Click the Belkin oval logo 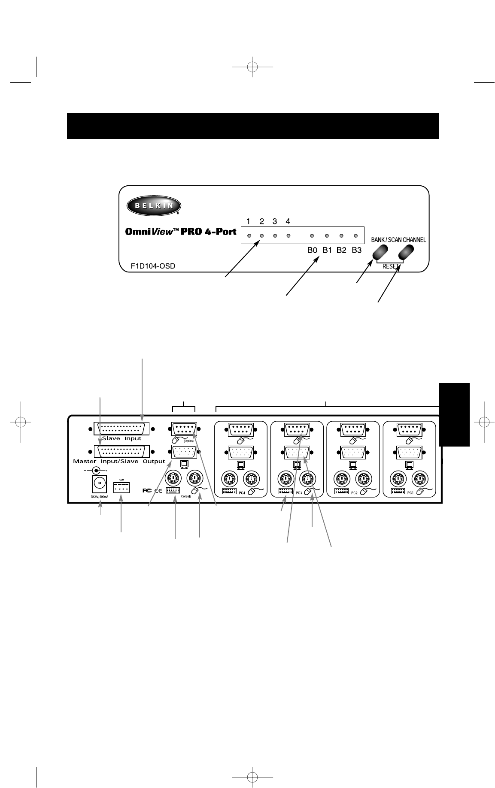(x=153, y=205)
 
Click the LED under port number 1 (x=248, y=236)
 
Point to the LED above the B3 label (x=356, y=236)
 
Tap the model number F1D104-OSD (x=153, y=266)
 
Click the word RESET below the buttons (x=390, y=266)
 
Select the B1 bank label (x=328, y=250)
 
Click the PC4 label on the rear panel (x=242, y=493)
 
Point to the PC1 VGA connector (x=409, y=452)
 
